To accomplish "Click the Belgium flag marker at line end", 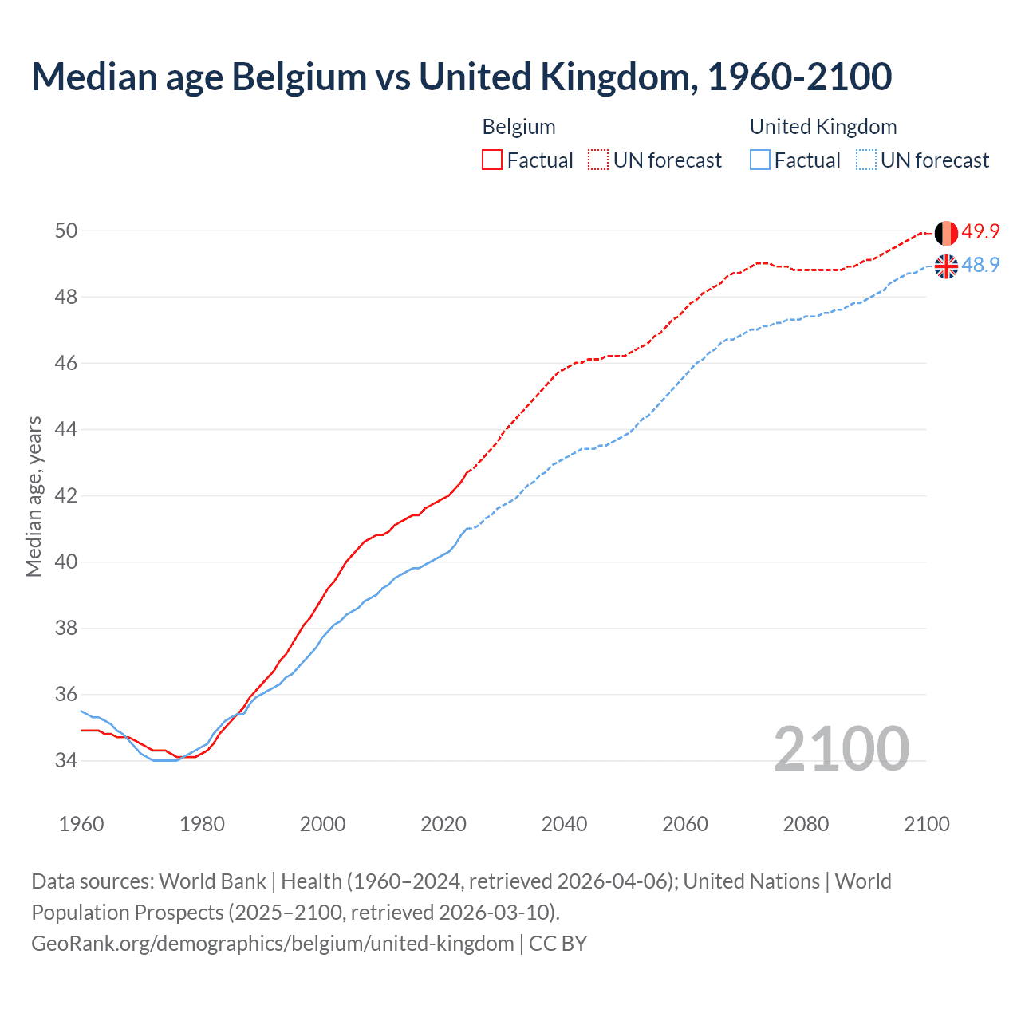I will click(x=946, y=233).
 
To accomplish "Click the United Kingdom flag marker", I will click(x=946, y=266).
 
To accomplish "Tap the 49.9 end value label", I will click(x=980, y=232).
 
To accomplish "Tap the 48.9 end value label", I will click(x=980, y=265).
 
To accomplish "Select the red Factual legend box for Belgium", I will click(x=492, y=160).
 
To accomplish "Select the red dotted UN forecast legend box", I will click(x=598, y=160).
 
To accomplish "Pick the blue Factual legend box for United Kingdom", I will click(x=760, y=160).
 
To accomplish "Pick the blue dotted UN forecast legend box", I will click(x=865, y=160).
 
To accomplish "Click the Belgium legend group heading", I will click(x=518, y=127).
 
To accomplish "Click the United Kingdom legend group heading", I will click(x=823, y=127).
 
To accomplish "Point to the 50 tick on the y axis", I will click(x=66, y=231).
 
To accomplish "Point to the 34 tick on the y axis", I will click(x=66, y=761).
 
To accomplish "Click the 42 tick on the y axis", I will click(x=66, y=496).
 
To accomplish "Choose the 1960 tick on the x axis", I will click(x=81, y=824).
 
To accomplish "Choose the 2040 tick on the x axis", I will click(x=564, y=824).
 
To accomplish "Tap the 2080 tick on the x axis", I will click(x=806, y=824).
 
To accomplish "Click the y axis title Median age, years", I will click(x=34, y=496).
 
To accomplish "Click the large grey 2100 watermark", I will click(x=841, y=748).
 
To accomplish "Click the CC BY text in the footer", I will click(x=558, y=944).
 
